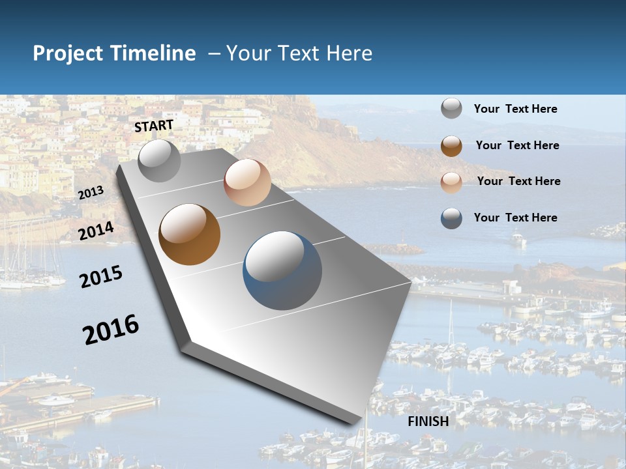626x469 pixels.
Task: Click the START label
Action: tap(154, 126)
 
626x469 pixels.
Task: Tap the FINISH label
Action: tap(428, 421)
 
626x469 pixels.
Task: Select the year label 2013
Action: tap(91, 193)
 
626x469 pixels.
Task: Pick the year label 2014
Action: tap(96, 231)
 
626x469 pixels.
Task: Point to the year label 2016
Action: tap(111, 330)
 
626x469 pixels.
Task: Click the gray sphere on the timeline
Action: tap(159, 161)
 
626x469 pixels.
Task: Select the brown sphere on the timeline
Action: tap(189, 234)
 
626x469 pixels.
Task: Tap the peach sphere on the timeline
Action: tap(247, 182)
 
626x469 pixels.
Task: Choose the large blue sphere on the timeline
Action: tap(282, 270)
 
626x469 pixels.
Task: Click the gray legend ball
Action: tap(451, 109)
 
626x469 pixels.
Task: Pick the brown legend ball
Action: tap(451, 146)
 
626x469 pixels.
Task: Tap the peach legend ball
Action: tap(451, 182)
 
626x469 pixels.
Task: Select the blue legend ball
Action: tap(451, 218)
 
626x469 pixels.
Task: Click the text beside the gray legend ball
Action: tap(515, 109)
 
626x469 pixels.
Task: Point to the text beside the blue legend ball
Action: tap(515, 218)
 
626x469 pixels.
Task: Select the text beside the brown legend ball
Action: tap(517, 145)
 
